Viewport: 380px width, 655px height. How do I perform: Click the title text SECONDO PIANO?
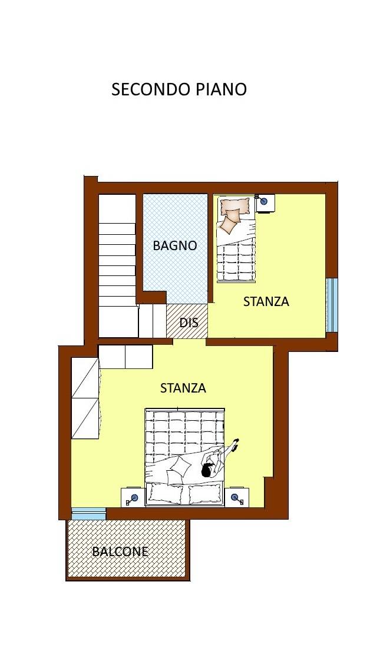point(179,89)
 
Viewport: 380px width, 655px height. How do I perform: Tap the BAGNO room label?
point(175,245)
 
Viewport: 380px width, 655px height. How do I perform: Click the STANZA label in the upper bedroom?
point(266,301)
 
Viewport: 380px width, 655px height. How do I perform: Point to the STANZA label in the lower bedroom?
point(183,388)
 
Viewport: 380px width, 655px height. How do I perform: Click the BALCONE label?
point(120,551)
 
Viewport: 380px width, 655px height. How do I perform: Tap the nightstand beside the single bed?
point(265,204)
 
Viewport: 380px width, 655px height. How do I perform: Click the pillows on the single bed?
point(232,215)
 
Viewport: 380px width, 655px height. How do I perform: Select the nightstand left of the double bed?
point(133,497)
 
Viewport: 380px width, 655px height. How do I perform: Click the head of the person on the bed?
point(207,471)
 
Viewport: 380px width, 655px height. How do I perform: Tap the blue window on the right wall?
point(332,304)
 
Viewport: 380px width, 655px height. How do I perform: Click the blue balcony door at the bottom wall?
point(88,513)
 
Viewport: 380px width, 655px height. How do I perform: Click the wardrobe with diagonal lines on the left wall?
point(85,398)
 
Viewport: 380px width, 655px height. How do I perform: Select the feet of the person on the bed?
point(235,444)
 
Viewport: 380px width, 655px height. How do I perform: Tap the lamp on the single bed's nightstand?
point(263,202)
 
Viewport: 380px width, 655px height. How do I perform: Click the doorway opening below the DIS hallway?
point(189,341)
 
